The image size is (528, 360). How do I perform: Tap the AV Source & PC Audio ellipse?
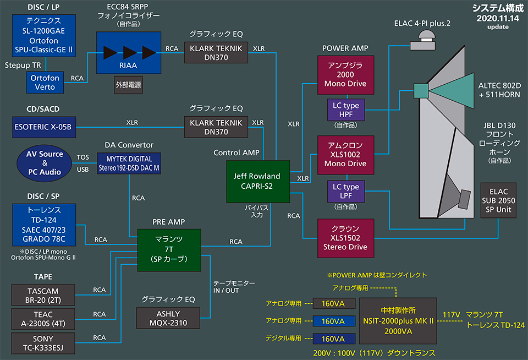coord(45,162)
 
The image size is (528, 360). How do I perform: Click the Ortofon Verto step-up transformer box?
coord(45,83)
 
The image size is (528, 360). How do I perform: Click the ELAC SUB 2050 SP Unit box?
coord(498,199)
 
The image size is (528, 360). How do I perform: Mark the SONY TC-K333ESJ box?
coord(42,342)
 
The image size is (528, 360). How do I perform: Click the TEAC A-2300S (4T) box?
coord(42,319)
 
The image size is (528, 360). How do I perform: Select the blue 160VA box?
coord(333,321)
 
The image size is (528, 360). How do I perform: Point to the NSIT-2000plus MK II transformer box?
coord(397,321)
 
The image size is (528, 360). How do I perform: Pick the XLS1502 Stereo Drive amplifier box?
coord(345,238)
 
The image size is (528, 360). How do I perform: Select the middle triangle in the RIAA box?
coord(130,52)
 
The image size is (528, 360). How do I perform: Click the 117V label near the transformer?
coord(450,315)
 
